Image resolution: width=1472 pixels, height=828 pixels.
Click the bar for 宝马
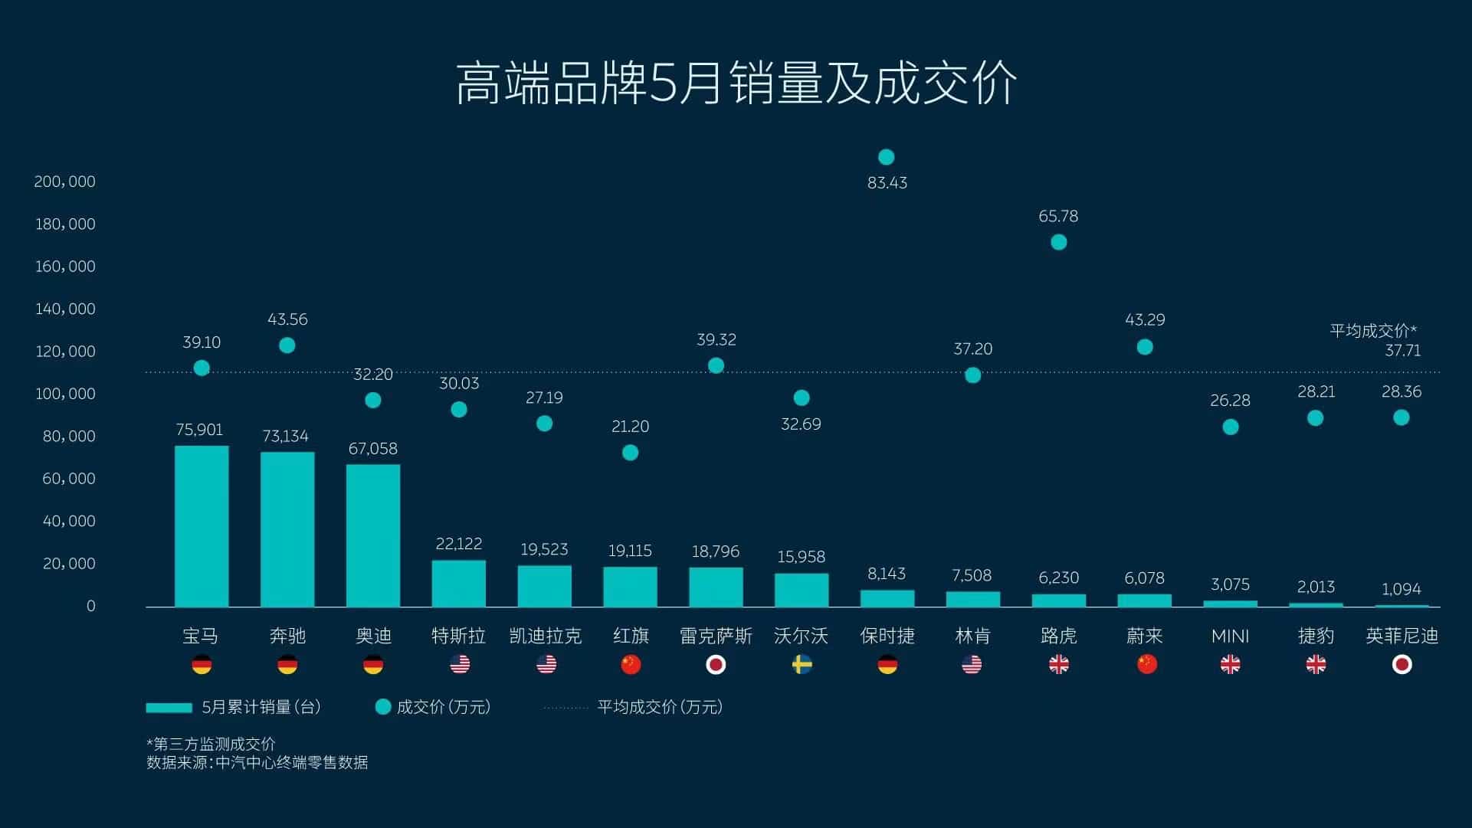click(202, 526)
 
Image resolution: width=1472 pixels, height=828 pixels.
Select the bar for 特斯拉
click(458, 584)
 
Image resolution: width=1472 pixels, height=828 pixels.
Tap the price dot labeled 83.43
click(886, 157)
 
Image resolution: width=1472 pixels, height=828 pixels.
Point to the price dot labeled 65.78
click(1058, 242)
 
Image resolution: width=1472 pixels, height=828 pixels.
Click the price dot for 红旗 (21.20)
click(630, 453)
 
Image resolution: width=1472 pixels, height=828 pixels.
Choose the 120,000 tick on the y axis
click(65, 352)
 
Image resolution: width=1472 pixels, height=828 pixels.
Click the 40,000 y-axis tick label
click(69, 521)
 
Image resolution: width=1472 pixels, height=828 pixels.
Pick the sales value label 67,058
click(372, 449)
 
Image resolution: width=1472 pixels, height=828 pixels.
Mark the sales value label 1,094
click(1401, 589)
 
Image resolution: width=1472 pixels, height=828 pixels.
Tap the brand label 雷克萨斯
click(716, 637)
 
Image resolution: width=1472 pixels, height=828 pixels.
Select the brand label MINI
click(1230, 637)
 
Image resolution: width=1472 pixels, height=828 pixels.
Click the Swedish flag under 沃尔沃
click(802, 665)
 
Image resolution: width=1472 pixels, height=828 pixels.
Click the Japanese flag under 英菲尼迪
click(1402, 665)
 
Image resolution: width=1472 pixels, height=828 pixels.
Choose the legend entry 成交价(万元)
click(434, 707)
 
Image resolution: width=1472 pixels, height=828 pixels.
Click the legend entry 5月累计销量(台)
click(234, 707)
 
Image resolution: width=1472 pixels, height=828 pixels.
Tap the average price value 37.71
click(1402, 351)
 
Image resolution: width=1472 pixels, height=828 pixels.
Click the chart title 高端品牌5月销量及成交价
click(736, 83)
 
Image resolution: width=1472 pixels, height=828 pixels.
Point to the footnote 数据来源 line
click(257, 763)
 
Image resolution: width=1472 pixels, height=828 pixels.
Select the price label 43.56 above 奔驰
click(287, 319)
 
